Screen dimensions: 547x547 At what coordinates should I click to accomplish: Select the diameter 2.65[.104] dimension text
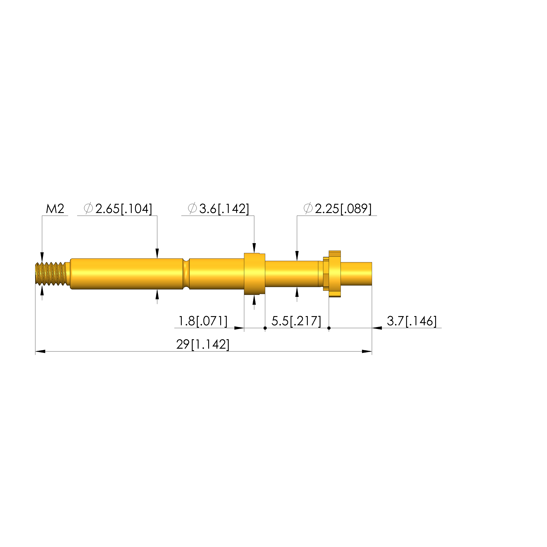118,209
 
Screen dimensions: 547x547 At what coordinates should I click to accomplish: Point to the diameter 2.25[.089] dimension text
338,209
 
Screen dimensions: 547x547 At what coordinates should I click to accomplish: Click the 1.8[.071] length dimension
203,321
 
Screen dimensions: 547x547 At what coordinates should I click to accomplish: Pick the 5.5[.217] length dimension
296,321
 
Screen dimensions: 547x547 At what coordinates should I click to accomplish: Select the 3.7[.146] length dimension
412,321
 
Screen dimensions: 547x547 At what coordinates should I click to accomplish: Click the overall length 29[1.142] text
203,344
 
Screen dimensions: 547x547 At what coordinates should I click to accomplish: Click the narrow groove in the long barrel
186,274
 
